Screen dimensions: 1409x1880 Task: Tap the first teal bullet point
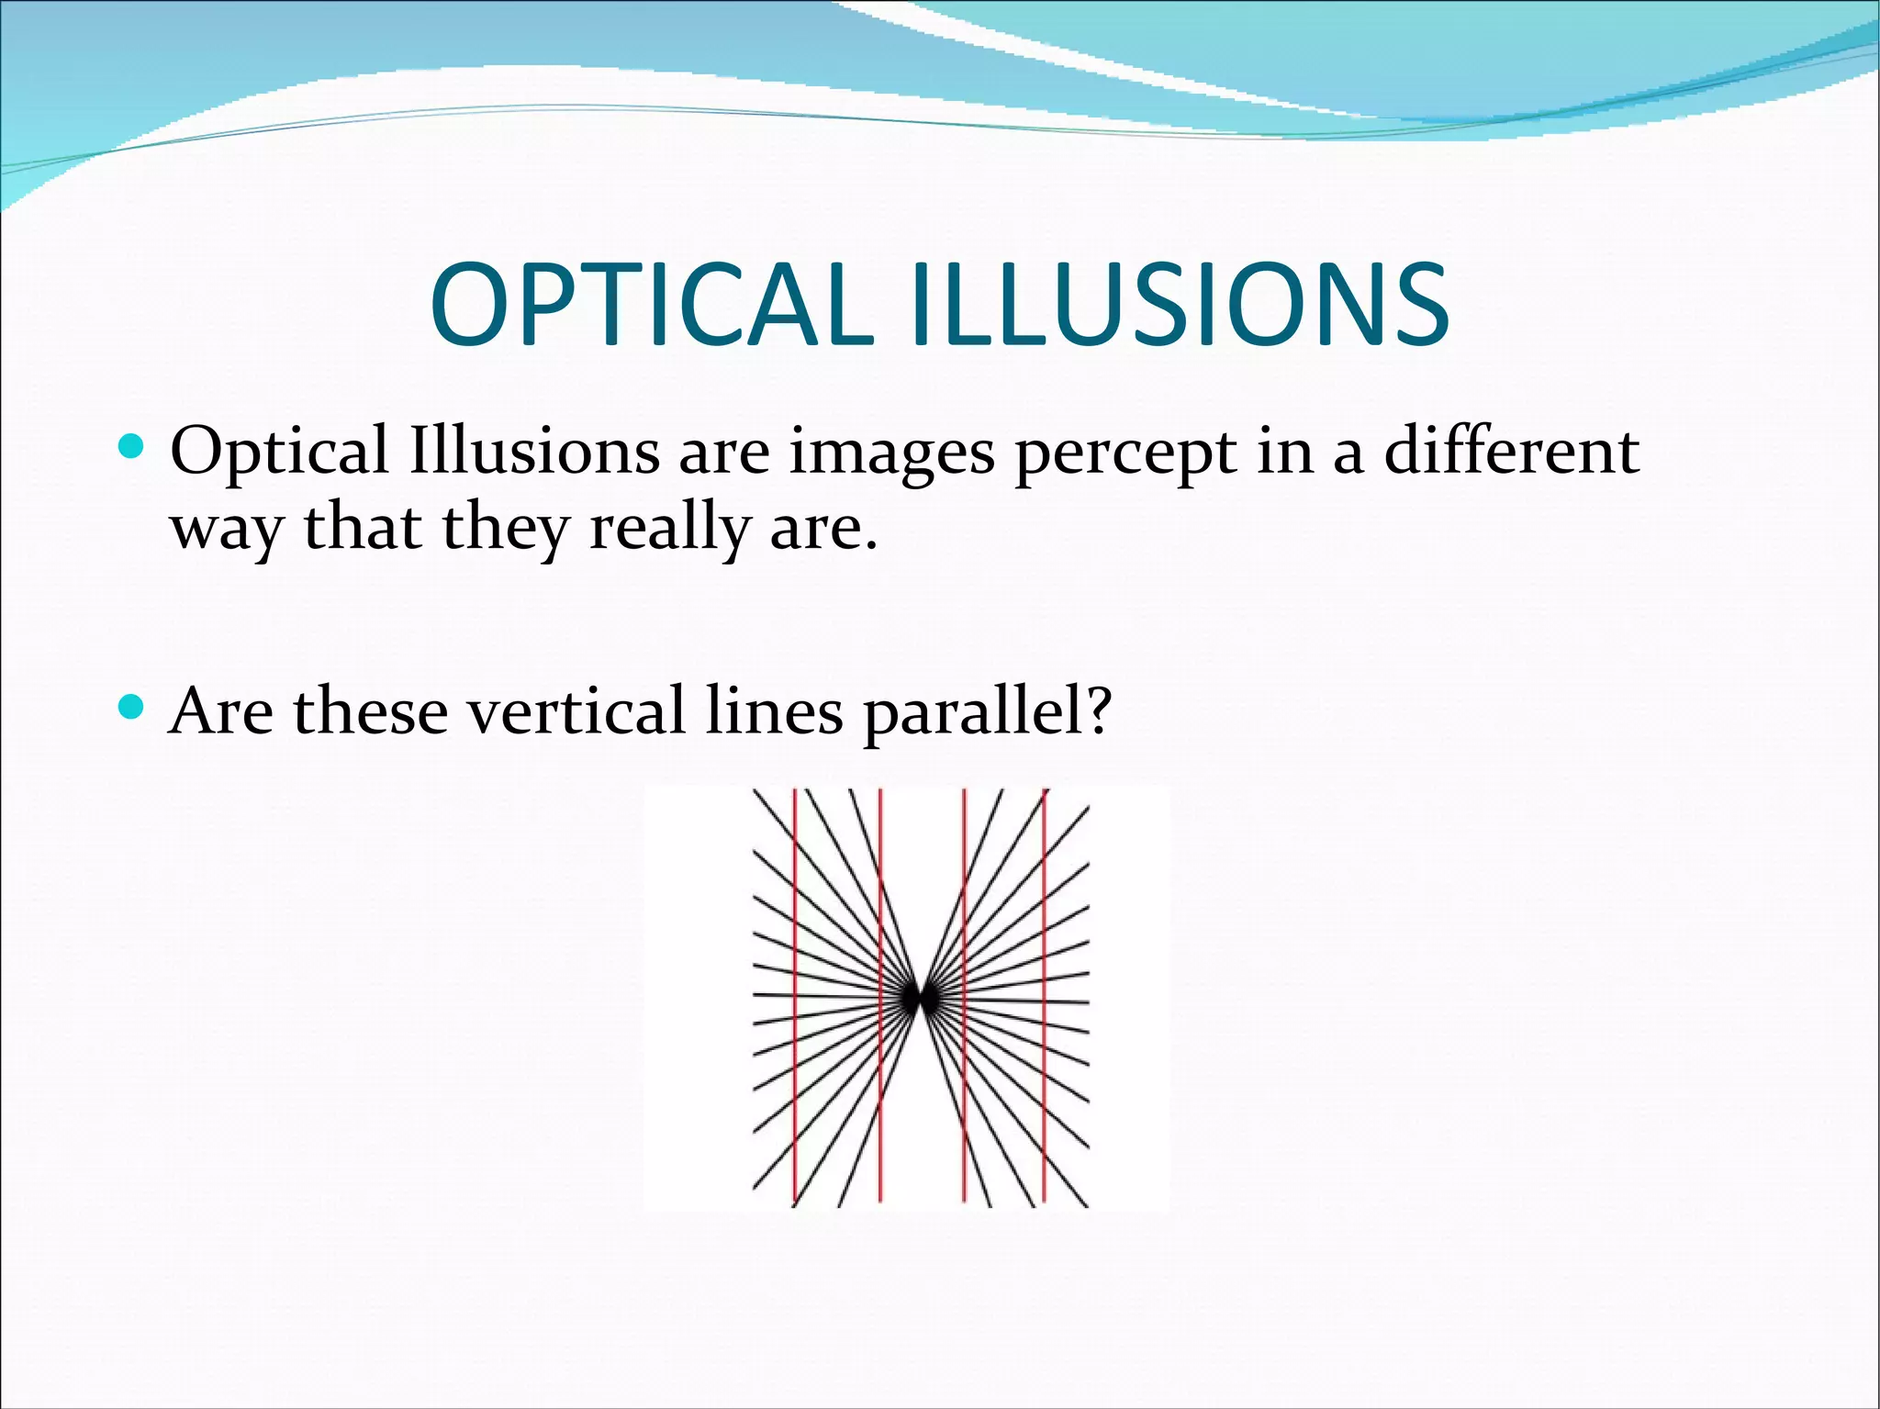pos(132,448)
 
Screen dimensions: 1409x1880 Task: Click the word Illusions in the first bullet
pos(533,452)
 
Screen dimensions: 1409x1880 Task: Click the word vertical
pos(576,710)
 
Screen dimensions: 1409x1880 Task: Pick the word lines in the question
pos(774,710)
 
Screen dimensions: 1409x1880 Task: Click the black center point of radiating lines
pos(919,999)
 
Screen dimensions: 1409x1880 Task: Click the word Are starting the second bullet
pos(221,710)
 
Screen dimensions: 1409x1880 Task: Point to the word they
pos(505,531)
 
